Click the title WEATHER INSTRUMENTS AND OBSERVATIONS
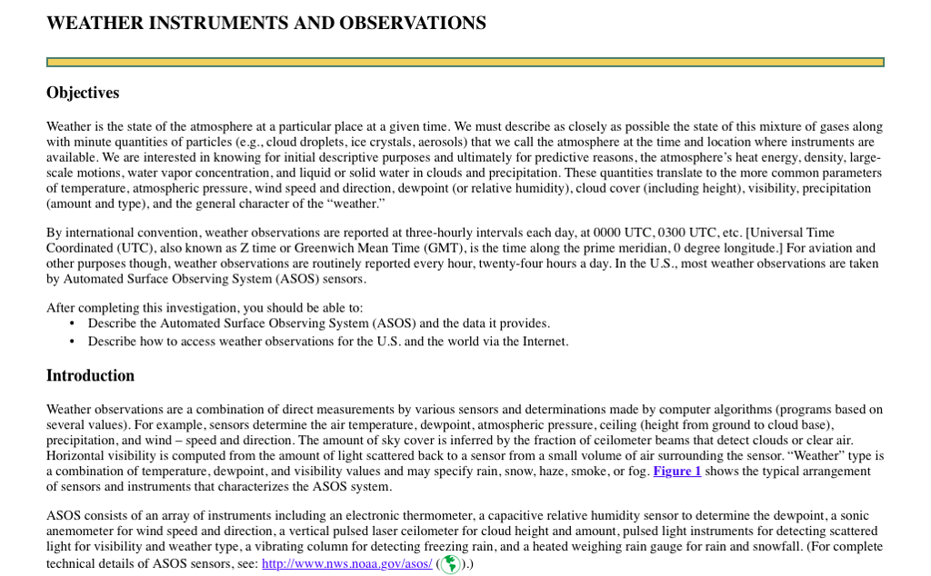265,24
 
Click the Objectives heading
83,93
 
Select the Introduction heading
90,375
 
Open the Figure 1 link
676,471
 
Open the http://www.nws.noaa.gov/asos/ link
346,563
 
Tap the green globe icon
450,564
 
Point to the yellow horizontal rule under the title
465,62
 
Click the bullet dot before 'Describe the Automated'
72,323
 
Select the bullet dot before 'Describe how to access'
72,342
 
